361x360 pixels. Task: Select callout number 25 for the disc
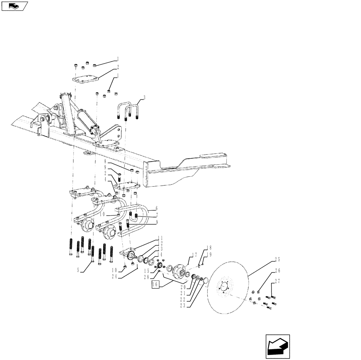pos(278,260)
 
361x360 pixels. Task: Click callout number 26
pos(278,270)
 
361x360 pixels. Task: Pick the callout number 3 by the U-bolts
pos(144,97)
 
